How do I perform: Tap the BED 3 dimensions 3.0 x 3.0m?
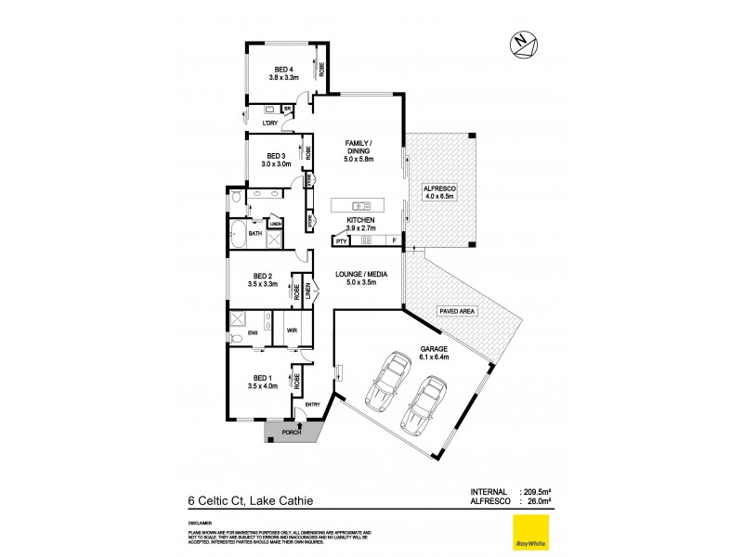(278, 164)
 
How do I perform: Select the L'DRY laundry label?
(270, 123)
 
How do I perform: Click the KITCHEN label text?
(360, 220)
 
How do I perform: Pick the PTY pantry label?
(341, 240)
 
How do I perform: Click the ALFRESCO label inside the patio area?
(442, 187)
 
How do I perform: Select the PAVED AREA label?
(456, 312)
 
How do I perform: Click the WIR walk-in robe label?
(291, 330)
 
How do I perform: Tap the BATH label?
(254, 234)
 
